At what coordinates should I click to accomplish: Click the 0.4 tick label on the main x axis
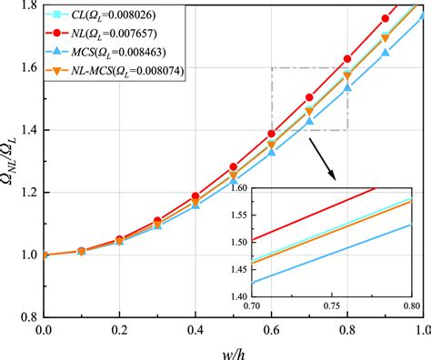tap(195, 329)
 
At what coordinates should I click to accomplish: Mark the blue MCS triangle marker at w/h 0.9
tap(385, 53)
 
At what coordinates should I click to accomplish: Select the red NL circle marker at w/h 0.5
tap(233, 167)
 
